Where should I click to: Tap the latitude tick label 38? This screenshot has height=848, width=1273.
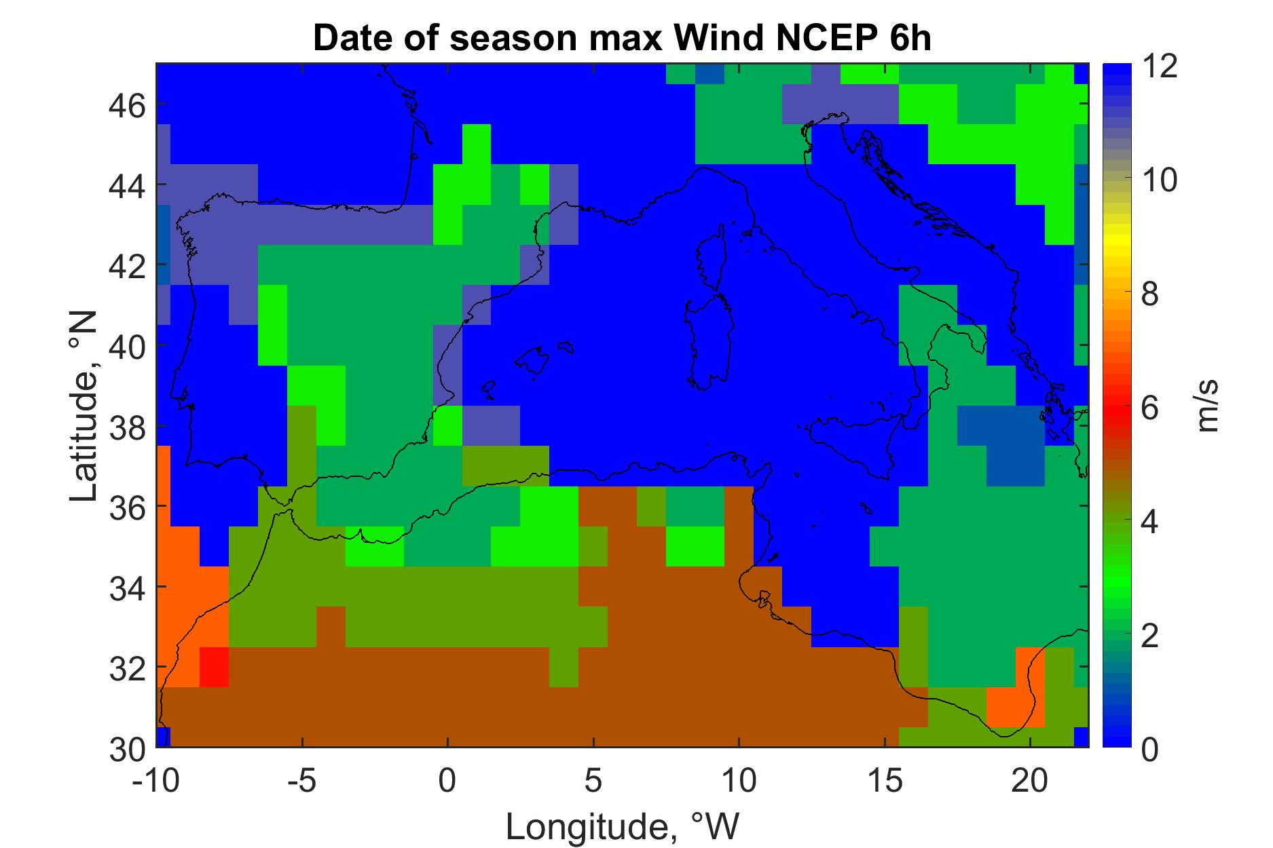[x=127, y=427]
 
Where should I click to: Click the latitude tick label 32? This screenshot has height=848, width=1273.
[x=127, y=668]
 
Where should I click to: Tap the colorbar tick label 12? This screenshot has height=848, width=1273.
[x=1159, y=67]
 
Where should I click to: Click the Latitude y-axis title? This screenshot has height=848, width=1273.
[x=84, y=406]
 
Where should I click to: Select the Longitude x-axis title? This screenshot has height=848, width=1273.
[x=621, y=826]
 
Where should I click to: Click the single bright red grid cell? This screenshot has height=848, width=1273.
[x=214, y=667]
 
